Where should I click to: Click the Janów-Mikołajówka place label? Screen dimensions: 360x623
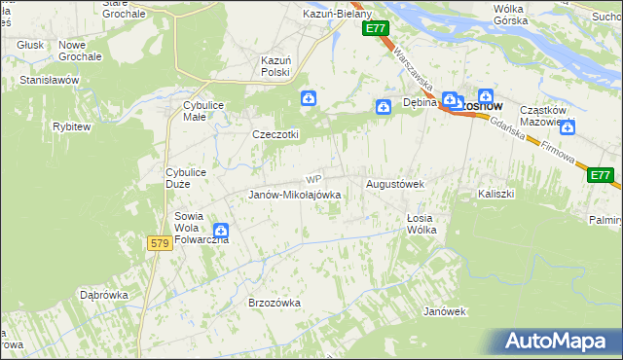[294, 195]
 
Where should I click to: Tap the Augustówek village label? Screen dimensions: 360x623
[394, 183]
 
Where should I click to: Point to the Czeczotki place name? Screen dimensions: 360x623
[275, 134]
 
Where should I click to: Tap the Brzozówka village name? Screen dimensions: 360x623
[275, 303]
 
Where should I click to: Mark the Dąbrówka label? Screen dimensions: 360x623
[105, 293]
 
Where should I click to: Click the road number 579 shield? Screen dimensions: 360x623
[162, 242]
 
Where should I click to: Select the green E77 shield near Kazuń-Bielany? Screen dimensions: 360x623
[378, 29]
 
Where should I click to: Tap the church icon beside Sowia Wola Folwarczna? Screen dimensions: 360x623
[221, 231]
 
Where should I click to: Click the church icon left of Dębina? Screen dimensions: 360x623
[385, 106]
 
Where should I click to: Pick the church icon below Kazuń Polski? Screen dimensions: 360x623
[308, 97]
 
